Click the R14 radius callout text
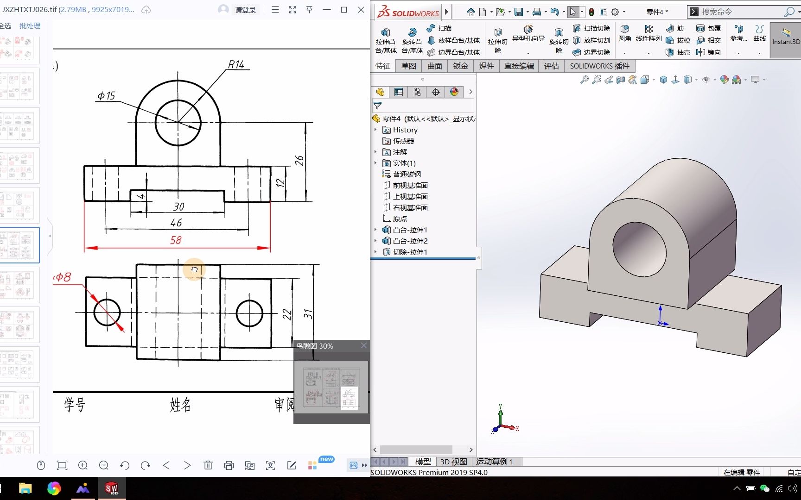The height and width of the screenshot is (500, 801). click(236, 64)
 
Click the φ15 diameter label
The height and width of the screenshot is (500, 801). click(106, 96)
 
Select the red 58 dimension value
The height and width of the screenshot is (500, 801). click(176, 240)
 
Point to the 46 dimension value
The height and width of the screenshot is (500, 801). click(176, 223)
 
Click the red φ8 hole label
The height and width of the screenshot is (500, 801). click(63, 277)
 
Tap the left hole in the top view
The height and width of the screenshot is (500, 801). click(107, 312)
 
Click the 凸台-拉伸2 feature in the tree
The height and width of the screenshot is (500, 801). click(410, 241)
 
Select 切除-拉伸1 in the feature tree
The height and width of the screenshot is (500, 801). click(410, 252)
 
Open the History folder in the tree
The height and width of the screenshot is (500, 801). click(405, 130)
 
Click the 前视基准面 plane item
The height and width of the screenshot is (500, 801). click(410, 185)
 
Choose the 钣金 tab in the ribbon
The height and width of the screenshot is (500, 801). click(460, 66)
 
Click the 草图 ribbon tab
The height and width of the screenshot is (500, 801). click(408, 66)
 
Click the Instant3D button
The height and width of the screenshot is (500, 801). click(786, 37)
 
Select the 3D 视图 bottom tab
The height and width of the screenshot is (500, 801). click(453, 462)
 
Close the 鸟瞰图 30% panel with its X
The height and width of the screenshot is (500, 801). click(364, 345)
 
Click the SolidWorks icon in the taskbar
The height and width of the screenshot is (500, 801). click(111, 488)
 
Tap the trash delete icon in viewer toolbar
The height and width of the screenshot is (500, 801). click(208, 465)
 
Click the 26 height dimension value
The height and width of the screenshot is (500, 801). click(299, 161)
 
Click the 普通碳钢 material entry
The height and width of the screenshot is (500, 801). click(407, 174)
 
